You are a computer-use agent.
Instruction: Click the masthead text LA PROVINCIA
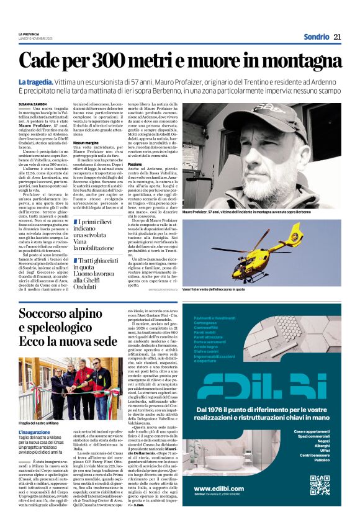coord(29,34)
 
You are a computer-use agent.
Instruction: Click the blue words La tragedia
coord(37,83)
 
